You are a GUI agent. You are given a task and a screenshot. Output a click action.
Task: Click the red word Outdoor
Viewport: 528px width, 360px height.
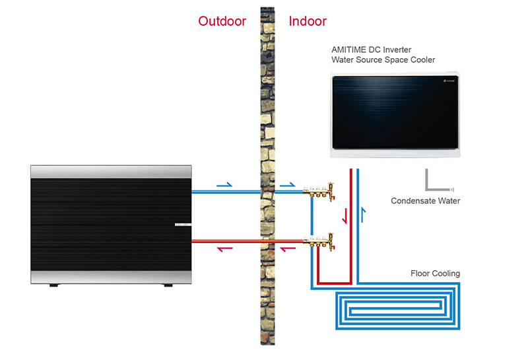tap(222, 21)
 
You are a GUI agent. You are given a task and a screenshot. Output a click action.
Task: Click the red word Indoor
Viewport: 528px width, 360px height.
tap(308, 21)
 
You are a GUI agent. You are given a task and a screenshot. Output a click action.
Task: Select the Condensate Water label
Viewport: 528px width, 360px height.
tap(425, 201)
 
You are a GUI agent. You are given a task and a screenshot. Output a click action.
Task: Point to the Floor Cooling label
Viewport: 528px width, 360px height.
tap(435, 273)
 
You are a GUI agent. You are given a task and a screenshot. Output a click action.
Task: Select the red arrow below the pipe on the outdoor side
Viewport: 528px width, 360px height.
tap(225, 249)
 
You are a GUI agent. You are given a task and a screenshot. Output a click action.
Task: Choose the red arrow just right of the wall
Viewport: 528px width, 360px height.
tap(287, 249)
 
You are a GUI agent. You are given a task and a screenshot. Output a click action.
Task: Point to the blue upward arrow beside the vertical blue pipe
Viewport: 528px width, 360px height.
tap(363, 213)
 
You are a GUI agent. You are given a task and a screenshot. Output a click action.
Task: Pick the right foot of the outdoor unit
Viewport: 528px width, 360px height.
tap(167, 286)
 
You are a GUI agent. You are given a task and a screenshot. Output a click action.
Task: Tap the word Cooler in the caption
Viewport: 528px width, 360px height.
tap(422, 60)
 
